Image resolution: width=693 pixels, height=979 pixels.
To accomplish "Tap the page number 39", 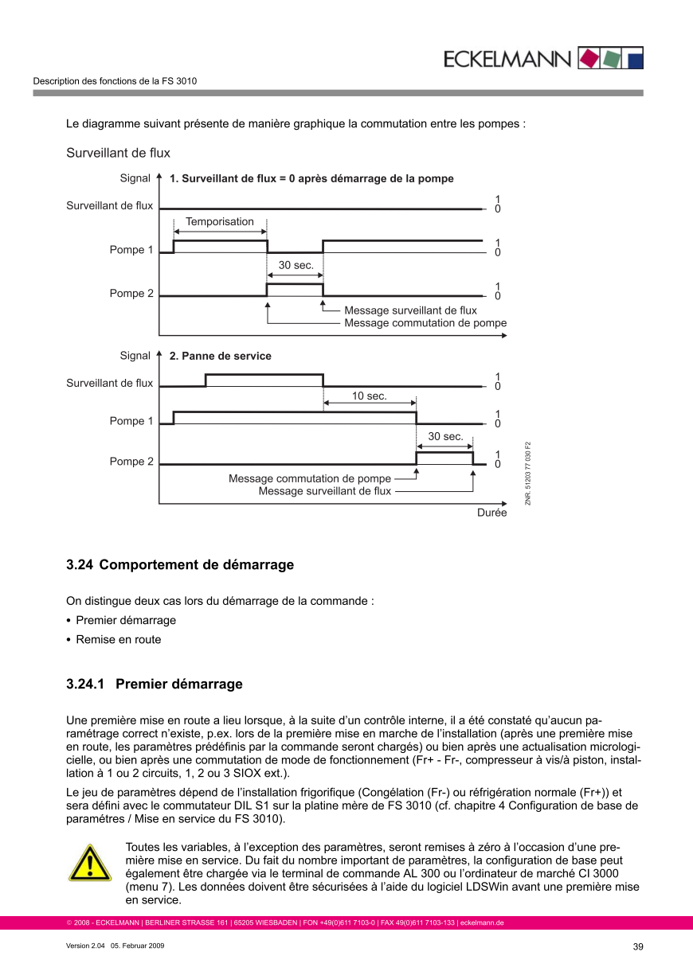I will point(637,946).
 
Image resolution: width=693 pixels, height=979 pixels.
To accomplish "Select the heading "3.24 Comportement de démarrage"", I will point(180,565).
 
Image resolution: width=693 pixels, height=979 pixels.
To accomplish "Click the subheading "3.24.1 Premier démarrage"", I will point(155,685).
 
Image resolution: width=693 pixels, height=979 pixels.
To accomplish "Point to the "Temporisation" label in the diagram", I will point(220,222).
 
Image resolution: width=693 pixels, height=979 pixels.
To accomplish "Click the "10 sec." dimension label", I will point(370,396).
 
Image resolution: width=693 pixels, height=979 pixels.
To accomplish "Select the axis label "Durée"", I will point(491,513).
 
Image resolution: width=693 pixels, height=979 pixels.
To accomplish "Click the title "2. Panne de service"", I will point(220,357).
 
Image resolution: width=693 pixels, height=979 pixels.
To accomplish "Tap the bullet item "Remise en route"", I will point(119,640).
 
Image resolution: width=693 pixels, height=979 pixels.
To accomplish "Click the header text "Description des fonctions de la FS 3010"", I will point(115,81).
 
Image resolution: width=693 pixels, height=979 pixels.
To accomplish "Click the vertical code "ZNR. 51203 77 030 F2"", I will point(527,473).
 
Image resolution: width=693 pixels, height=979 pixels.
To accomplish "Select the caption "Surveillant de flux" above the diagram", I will point(118,153).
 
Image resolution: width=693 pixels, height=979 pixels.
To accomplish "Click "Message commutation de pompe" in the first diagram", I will point(425,323).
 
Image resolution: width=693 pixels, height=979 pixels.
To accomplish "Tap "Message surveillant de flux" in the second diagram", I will point(325,492).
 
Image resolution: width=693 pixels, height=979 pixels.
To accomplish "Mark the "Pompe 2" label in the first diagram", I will point(131,294).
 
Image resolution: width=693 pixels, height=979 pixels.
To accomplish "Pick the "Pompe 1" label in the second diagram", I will point(131,421).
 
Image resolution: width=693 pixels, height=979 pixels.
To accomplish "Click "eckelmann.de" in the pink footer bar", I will point(482,923).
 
